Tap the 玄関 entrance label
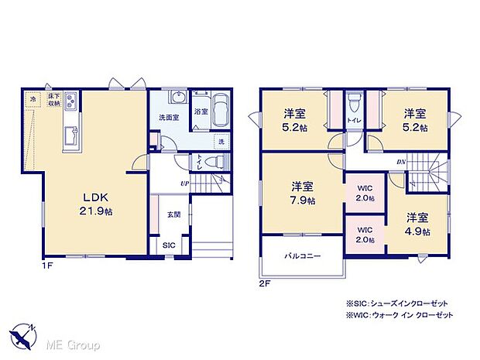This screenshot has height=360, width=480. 174,214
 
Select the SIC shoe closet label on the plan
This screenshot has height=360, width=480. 168,245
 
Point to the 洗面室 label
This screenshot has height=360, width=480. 168,118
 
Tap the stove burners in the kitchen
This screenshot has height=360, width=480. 70,100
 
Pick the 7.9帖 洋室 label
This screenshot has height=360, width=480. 303,192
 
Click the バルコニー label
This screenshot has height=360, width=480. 302,255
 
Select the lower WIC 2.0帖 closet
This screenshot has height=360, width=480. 365,235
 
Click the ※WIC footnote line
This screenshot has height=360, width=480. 393,316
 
